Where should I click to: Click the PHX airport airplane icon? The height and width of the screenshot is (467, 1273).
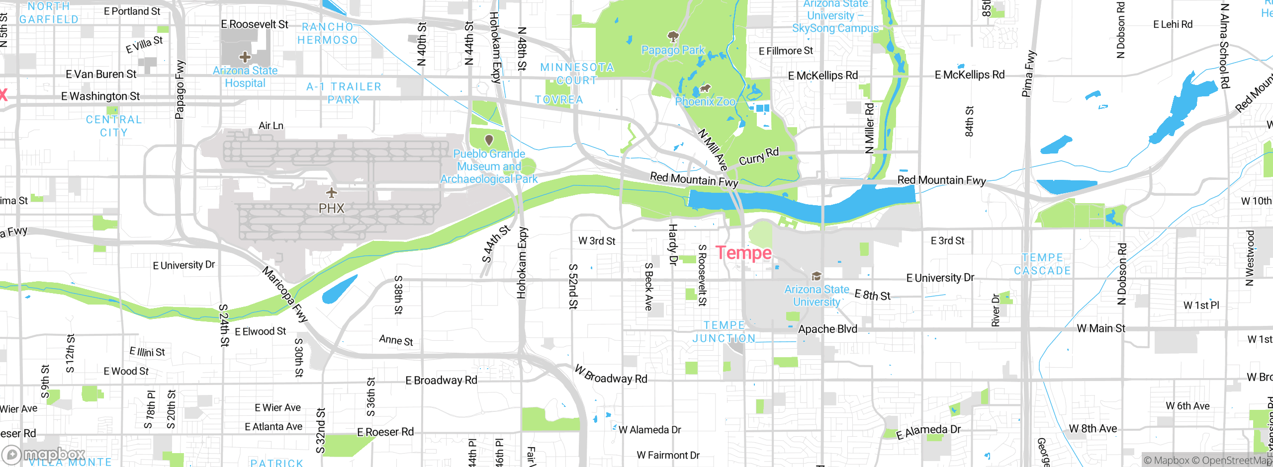tap(332, 192)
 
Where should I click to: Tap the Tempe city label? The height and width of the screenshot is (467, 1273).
tap(743, 253)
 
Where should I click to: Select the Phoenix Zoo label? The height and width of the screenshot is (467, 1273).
tap(705, 101)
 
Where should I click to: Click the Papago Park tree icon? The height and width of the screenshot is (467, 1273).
tap(673, 36)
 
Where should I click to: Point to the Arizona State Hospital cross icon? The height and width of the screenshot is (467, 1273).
tap(245, 57)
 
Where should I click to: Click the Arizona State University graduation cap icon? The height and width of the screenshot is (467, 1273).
tap(816, 276)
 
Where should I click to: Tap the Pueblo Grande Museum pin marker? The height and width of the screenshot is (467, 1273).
tap(489, 140)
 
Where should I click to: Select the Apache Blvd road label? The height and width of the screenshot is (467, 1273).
tap(827, 329)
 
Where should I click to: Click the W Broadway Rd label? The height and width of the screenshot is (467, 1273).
tap(611, 375)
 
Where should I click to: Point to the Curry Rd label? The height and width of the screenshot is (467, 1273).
tap(759, 156)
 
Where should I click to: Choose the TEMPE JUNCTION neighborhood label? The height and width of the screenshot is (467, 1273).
tap(724, 332)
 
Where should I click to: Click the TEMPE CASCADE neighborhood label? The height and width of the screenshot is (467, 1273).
tap(1042, 264)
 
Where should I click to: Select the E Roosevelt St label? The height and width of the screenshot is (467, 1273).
tap(254, 24)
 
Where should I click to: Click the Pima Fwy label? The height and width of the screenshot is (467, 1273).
tap(1028, 74)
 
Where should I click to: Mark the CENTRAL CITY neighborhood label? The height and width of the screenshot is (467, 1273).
tap(114, 126)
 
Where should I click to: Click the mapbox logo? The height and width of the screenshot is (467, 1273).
tap(44, 454)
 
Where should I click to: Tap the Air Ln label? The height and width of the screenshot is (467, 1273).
tap(271, 126)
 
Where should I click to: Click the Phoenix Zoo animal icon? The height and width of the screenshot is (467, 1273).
tap(705, 89)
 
